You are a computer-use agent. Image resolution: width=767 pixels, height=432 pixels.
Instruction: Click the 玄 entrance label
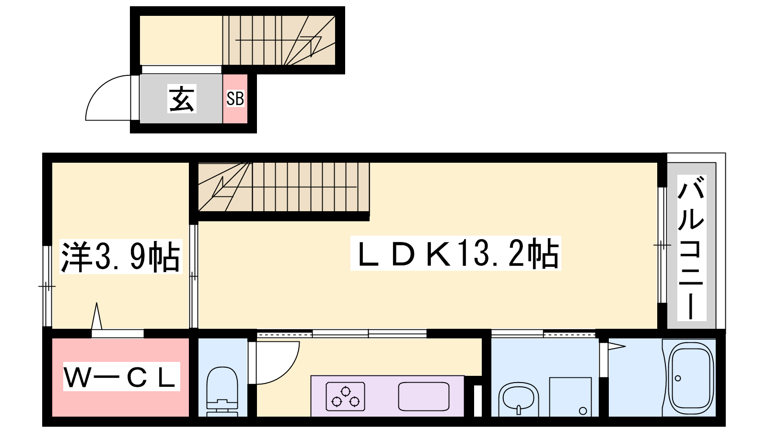[182, 99]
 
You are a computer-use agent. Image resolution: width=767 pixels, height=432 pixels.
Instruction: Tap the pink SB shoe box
[235, 99]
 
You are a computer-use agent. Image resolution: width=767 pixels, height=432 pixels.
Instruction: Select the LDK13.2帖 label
[455, 253]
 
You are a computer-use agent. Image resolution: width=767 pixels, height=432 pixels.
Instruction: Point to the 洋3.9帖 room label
[120, 257]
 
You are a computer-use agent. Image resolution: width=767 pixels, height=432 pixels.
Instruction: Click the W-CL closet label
[121, 377]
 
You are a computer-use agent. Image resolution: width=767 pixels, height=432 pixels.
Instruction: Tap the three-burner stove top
[345, 396]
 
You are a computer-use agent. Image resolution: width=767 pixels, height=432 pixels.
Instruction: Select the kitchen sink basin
[424, 396]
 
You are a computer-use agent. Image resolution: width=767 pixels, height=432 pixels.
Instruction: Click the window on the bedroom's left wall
[46, 287]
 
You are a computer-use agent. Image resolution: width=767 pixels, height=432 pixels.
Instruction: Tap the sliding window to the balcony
[662, 245]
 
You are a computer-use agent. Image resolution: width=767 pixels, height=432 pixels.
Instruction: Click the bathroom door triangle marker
[616, 346]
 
